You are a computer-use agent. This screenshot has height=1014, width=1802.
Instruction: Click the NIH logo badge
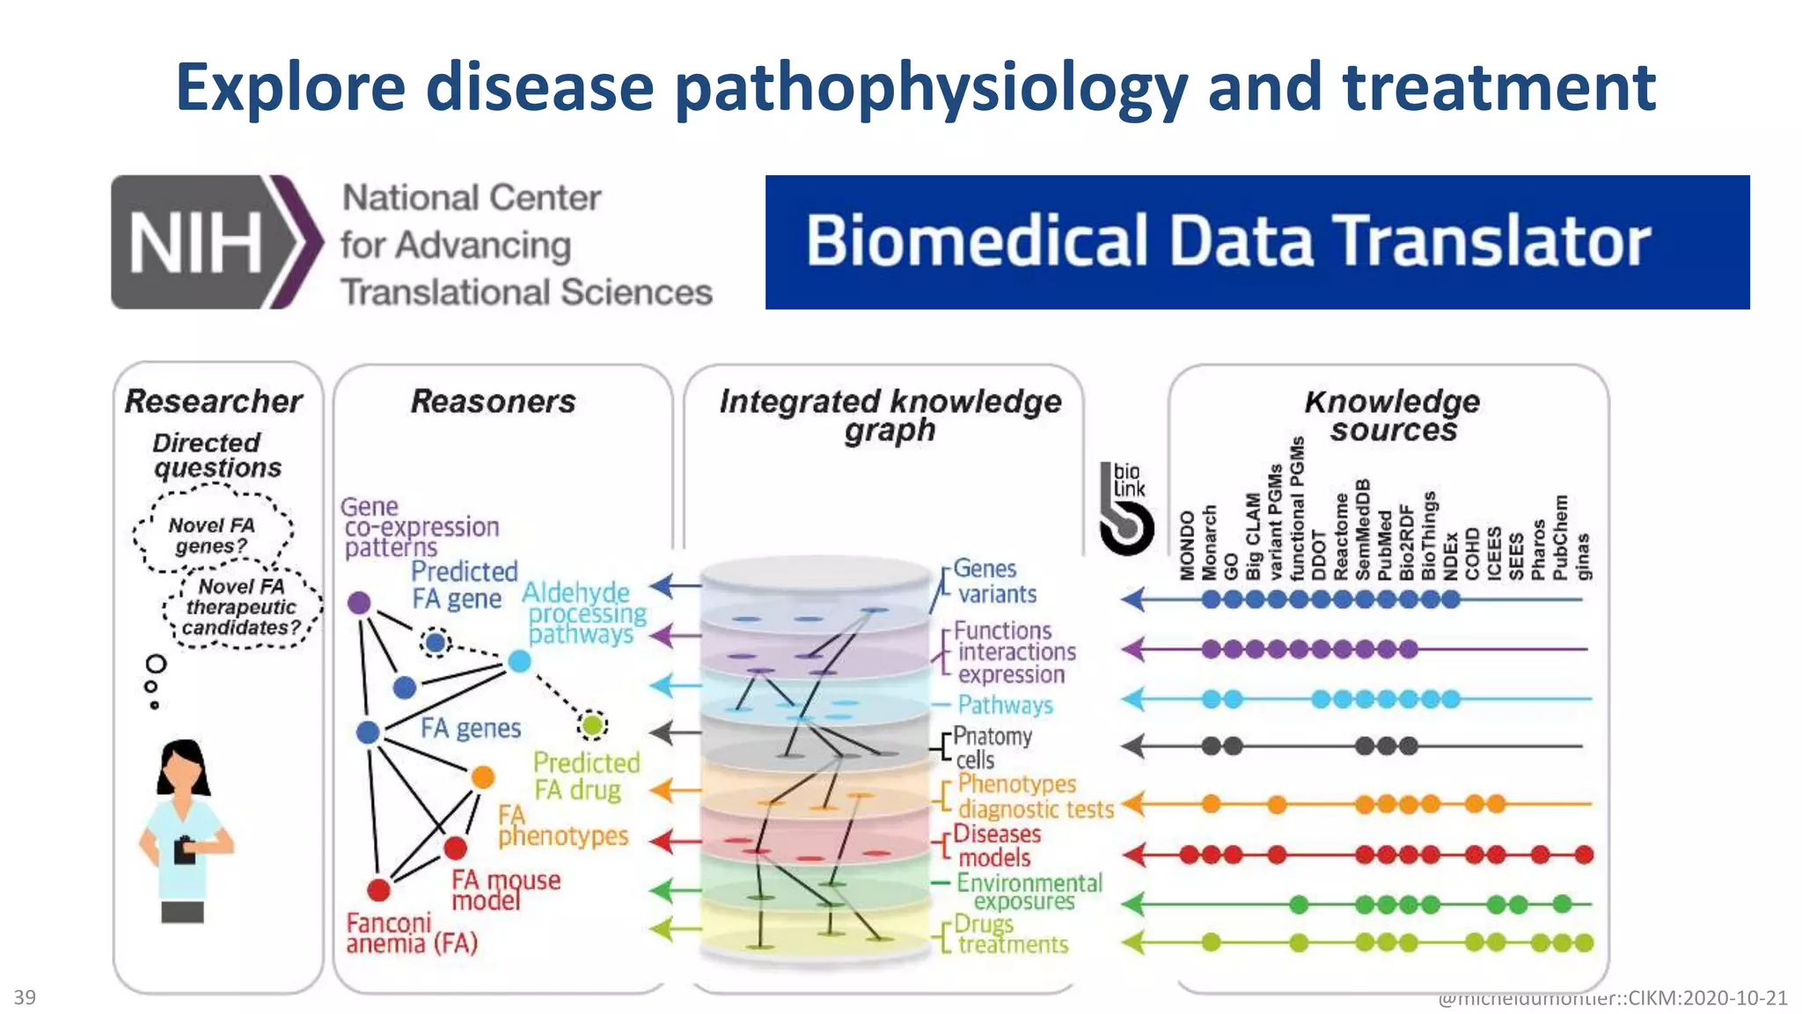coord(216,242)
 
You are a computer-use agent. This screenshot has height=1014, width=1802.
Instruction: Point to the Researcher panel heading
coord(214,401)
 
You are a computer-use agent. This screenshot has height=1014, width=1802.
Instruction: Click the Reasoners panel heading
coord(493,401)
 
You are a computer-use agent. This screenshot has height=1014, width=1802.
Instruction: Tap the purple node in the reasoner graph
coord(359,603)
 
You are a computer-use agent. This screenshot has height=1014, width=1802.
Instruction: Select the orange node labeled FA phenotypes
coord(483,776)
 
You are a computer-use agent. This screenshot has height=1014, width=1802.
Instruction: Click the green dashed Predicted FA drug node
coord(593,724)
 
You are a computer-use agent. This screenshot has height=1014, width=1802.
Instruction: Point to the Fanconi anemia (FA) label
coord(411,934)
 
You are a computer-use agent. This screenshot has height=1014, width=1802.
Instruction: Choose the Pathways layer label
coord(1005,705)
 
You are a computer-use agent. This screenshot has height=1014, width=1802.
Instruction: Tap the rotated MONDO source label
coord(1188,546)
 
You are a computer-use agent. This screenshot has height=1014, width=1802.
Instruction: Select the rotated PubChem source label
coord(1560,538)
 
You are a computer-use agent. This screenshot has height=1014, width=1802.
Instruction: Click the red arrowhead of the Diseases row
coord(1133,854)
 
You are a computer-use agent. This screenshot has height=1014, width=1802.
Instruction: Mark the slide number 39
coord(25,997)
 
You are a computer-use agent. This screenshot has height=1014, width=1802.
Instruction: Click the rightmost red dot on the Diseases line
coord(1584,854)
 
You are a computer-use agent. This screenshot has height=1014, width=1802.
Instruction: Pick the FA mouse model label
coord(505,890)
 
